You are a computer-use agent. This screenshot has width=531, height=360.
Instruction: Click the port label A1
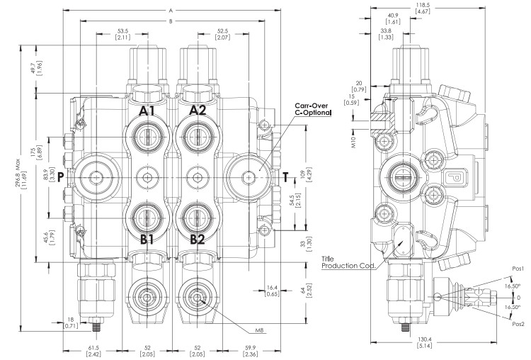147,111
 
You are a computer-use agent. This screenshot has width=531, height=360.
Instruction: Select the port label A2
198,111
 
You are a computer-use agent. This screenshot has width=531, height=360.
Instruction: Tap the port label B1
147,240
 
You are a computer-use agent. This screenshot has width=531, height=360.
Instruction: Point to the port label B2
198,240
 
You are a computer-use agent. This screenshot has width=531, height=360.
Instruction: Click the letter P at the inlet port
61,176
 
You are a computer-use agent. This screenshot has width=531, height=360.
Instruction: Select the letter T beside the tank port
286,176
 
